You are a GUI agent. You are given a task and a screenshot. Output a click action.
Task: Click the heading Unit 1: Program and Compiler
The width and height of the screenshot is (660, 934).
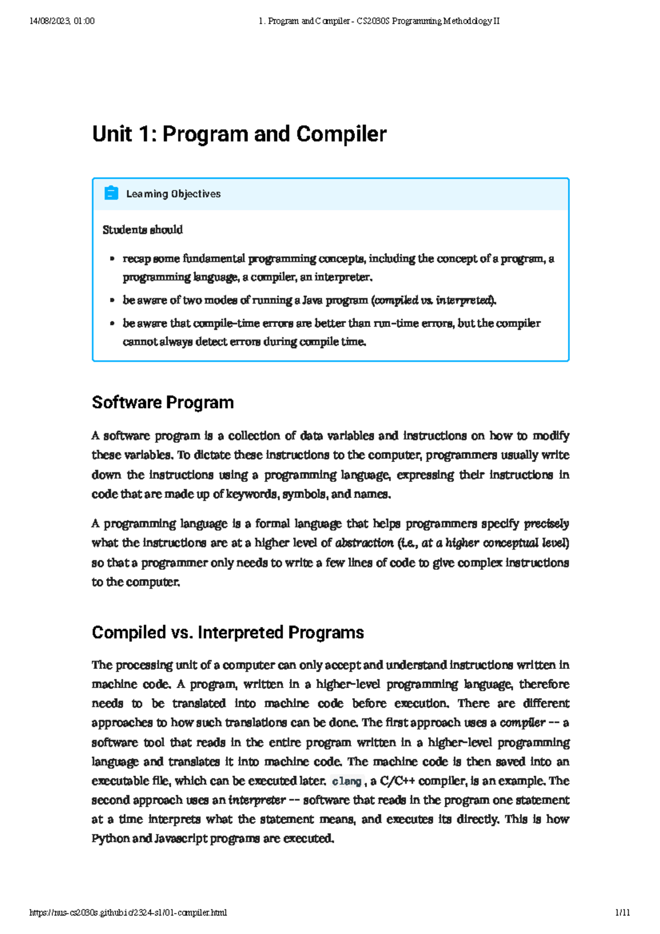[x=239, y=134]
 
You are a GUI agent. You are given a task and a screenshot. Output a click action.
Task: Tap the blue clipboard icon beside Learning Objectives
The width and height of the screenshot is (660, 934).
[x=111, y=193]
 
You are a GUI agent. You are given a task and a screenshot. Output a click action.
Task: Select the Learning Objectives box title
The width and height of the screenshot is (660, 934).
[x=173, y=194]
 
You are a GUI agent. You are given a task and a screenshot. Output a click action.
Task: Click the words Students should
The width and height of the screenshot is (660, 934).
[x=142, y=230]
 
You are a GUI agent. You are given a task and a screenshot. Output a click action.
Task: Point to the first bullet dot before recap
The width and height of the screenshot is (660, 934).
[x=112, y=259]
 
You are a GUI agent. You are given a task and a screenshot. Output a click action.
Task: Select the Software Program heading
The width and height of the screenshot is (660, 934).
[x=163, y=403]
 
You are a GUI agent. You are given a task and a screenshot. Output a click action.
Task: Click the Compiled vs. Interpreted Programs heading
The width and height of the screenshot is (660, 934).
[x=228, y=633]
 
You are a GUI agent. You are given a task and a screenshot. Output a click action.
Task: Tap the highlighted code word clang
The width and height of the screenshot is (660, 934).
[x=346, y=781]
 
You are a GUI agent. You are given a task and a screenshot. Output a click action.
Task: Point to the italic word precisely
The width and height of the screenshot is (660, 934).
[x=546, y=524]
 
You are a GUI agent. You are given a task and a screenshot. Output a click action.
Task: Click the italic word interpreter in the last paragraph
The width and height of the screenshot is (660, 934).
[x=257, y=800]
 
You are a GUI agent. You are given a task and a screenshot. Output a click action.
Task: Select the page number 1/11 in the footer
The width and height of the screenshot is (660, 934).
[x=623, y=913]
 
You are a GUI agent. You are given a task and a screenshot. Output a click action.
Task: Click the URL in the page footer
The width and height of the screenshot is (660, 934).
[x=128, y=913]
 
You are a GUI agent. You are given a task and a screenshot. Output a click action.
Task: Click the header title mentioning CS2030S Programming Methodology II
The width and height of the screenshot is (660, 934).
[x=379, y=21]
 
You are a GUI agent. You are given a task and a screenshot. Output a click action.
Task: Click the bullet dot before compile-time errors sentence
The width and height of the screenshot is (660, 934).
[x=112, y=323]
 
